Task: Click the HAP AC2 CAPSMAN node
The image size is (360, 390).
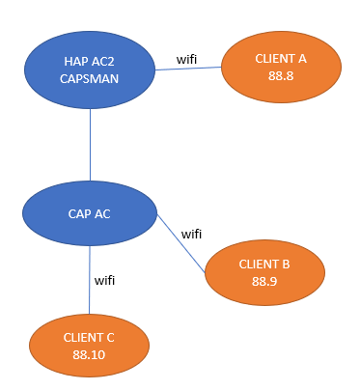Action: click(x=89, y=70)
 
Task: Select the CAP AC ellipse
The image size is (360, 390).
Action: click(x=89, y=213)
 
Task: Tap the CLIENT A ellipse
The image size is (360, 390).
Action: click(x=280, y=67)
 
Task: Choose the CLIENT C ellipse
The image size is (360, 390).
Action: click(x=89, y=346)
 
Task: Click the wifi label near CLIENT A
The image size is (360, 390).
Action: click(x=188, y=59)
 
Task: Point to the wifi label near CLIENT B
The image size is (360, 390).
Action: click(x=192, y=234)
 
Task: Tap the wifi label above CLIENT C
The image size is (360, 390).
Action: click(x=105, y=280)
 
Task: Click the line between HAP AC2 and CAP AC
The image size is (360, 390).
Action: click(x=90, y=145)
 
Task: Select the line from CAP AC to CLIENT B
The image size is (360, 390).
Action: click(x=181, y=246)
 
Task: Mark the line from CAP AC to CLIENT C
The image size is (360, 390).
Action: click(x=90, y=280)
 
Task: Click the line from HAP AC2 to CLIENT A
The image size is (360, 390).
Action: click(x=188, y=70)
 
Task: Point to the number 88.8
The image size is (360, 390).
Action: click(x=281, y=75)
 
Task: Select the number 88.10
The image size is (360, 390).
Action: click(x=89, y=354)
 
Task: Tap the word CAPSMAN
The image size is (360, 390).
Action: click(x=89, y=79)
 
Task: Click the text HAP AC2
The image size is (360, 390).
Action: click(x=89, y=61)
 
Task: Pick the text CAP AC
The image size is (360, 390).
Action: click(x=89, y=213)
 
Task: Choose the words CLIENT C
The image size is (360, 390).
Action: click(x=89, y=337)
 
